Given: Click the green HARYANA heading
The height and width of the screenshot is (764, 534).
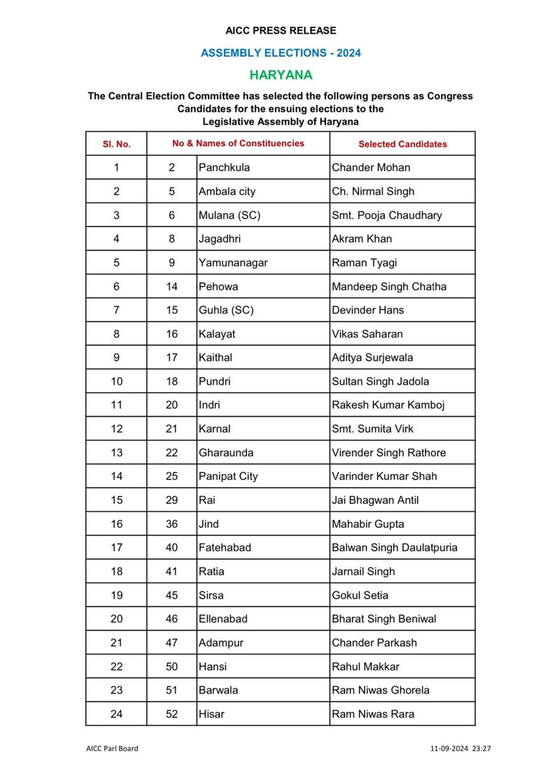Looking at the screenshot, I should pyautogui.click(x=281, y=75).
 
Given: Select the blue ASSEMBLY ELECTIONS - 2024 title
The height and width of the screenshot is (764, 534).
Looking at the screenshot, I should pyautogui.click(x=281, y=53).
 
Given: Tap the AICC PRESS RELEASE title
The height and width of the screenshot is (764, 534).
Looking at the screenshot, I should pyautogui.click(x=281, y=31).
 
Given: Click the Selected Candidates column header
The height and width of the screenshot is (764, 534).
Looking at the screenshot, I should pyautogui.click(x=402, y=144).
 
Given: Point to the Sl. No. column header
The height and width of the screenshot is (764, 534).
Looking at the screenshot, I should pyautogui.click(x=116, y=144).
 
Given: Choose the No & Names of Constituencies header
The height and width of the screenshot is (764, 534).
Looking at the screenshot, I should pyautogui.click(x=238, y=143).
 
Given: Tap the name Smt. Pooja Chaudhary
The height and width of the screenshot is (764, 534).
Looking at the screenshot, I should pyautogui.click(x=386, y=215).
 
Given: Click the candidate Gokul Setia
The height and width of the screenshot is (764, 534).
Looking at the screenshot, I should pyautogui.click(x=360, y=595).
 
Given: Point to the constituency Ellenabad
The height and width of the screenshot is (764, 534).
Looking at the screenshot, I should pyautogui.click(x=225, y=619).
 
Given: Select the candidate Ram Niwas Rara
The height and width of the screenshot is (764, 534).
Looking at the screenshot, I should pyautogui.click(x=373, y=714).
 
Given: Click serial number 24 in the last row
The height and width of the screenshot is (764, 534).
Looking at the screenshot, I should pyautogui.click(x=116, y=714).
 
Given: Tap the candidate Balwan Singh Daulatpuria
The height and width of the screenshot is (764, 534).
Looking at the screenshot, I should pyautogui.click(x=395, y=548).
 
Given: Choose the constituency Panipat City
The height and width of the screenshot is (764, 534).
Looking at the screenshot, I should pyautogui.click(x=228, y=476).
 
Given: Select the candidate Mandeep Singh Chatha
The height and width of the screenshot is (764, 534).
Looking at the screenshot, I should pyautogui.click(x=389, y=286).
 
